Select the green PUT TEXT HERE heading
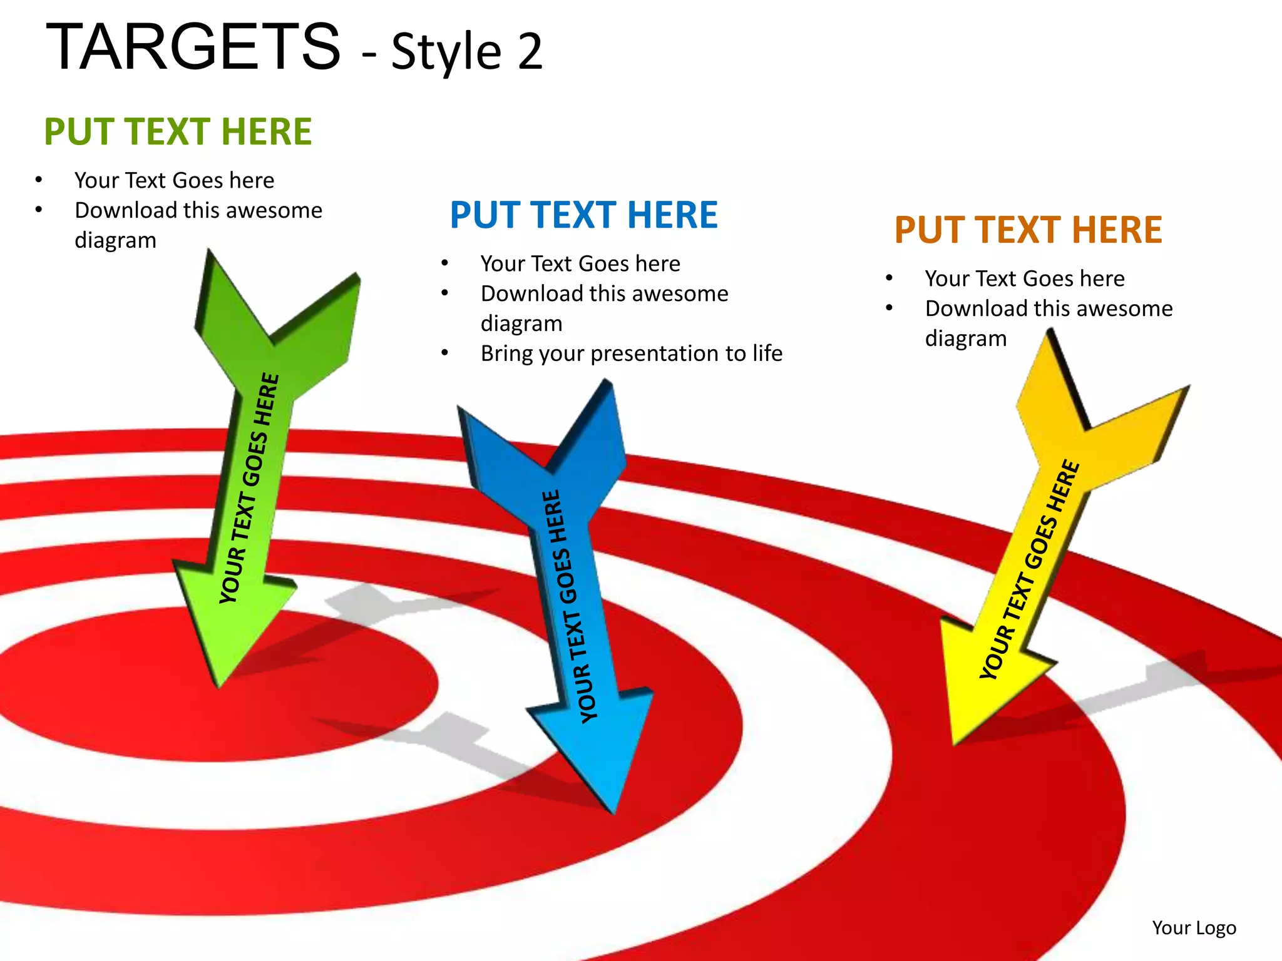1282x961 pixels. click(178, 131)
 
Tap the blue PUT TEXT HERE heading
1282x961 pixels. click(583, 215)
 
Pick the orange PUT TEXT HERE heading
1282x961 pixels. click(1028, 230)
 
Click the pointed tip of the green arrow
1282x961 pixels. click(218, 687)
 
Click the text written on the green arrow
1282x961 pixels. click(249, 488)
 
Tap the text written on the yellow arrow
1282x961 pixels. click(1030, 569)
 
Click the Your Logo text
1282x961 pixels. click(1194, 927)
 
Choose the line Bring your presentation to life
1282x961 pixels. click(631, 353)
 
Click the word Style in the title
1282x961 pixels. click(446, 51)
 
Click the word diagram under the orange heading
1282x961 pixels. click(965, 338)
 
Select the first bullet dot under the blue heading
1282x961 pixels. click(444, 263)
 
